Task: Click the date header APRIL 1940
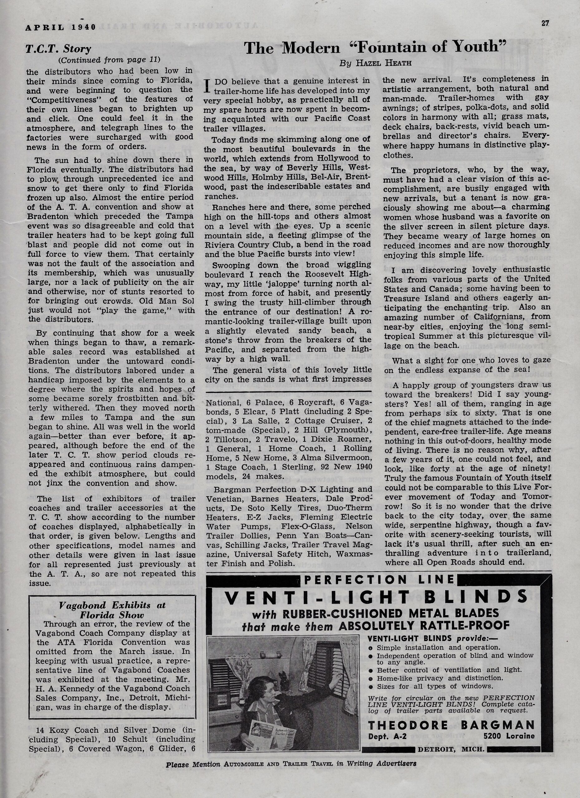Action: click(61, 27)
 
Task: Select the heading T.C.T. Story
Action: click(58, 49)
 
